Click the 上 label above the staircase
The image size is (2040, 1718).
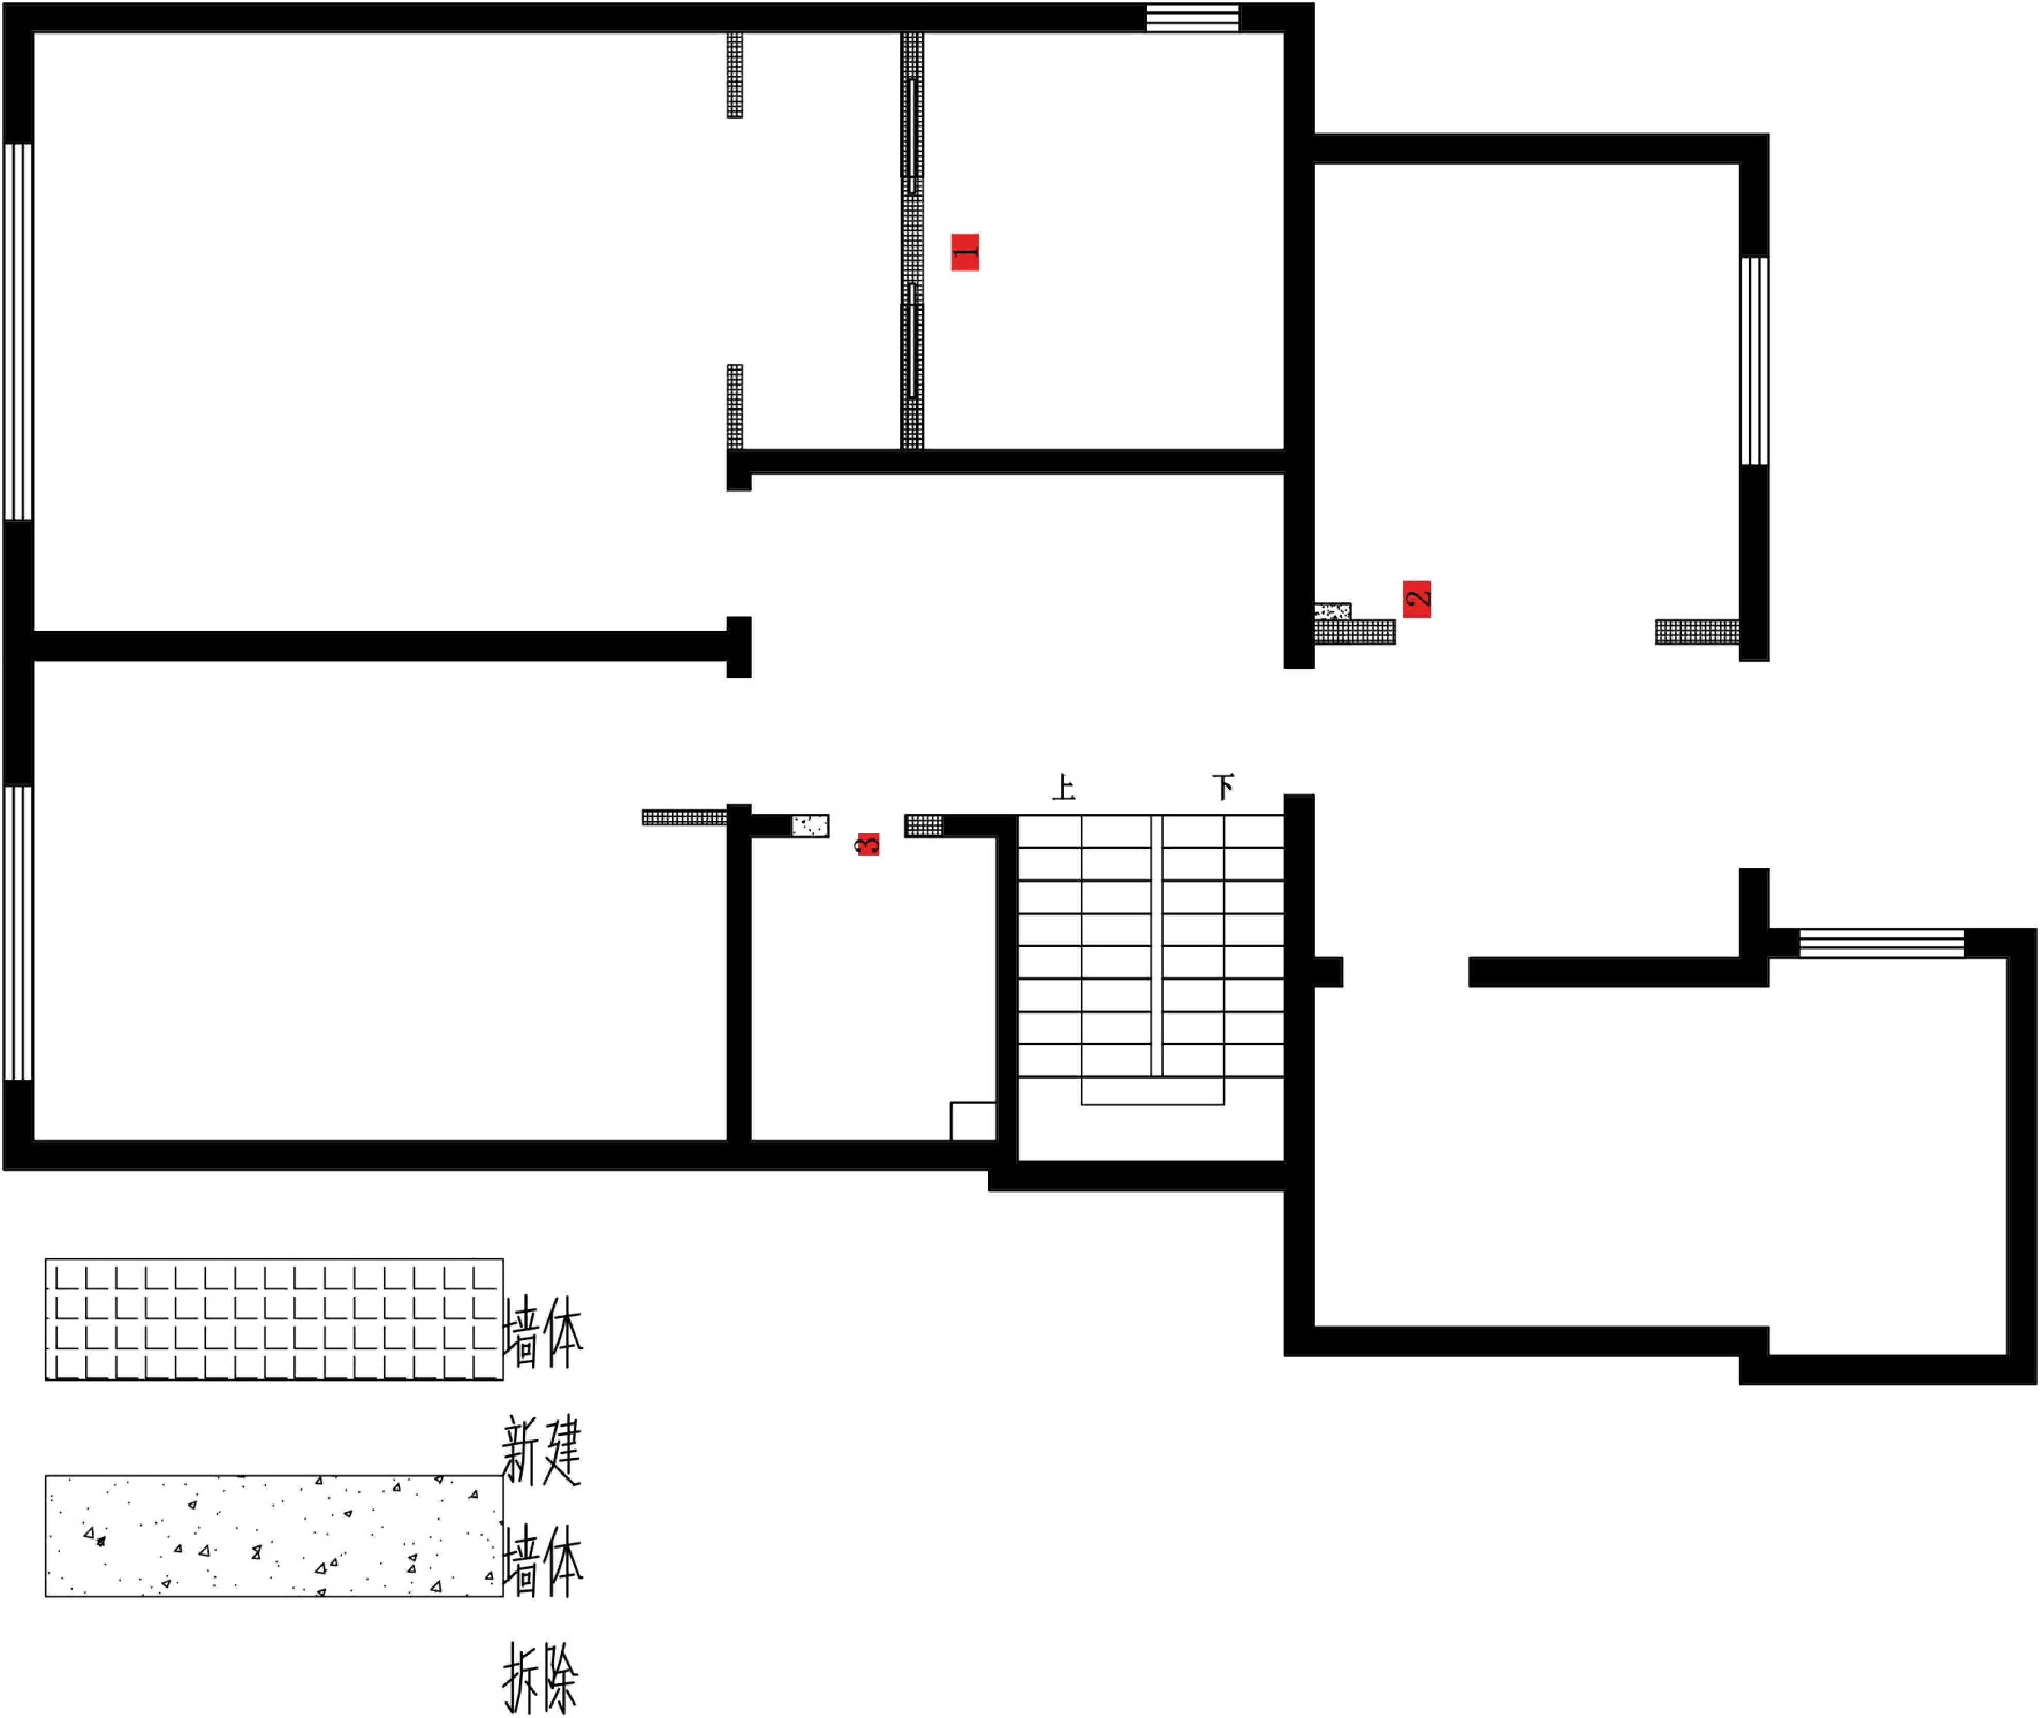[1064, 787]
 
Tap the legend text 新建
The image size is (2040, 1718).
[542, 1451]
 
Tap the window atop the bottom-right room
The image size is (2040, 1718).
[1881, 943]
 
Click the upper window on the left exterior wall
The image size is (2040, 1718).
[19, 332]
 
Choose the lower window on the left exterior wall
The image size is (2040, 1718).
[19, 933]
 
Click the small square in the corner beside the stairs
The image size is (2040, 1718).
[973, 1121]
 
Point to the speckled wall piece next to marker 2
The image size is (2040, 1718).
[1332, 612]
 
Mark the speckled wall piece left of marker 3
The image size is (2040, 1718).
[810, 826]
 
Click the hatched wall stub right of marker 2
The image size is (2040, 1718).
[1697, 632]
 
